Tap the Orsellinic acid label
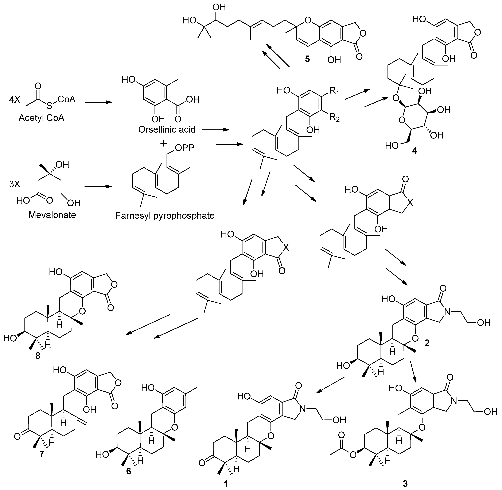(x=167, y=129)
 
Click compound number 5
(x=307, y=59)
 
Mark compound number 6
(x=129, y=471)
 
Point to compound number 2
(x=427, y=343)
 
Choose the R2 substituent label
(x=334, y=118)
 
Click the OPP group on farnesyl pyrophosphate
(x=184, y=148)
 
